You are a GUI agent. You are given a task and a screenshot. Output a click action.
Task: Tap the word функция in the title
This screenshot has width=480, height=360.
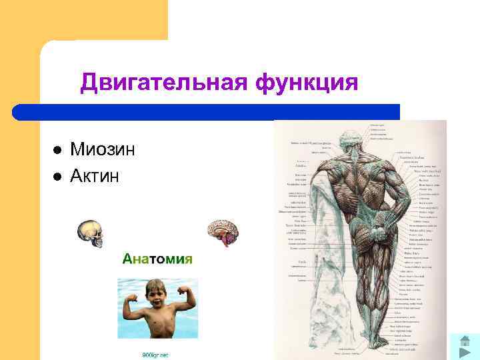306,83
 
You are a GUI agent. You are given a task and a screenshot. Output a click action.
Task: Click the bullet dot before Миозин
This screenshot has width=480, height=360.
57,150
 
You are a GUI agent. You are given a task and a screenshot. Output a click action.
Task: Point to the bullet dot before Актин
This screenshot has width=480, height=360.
57,177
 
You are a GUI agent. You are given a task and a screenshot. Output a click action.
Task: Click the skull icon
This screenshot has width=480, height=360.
89,232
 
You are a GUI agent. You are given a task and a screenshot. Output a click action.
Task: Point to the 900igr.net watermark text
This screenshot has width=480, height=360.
155,355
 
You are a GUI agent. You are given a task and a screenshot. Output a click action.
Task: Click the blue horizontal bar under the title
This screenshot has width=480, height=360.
207,111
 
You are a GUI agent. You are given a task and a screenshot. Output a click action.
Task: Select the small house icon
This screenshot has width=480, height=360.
464,341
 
